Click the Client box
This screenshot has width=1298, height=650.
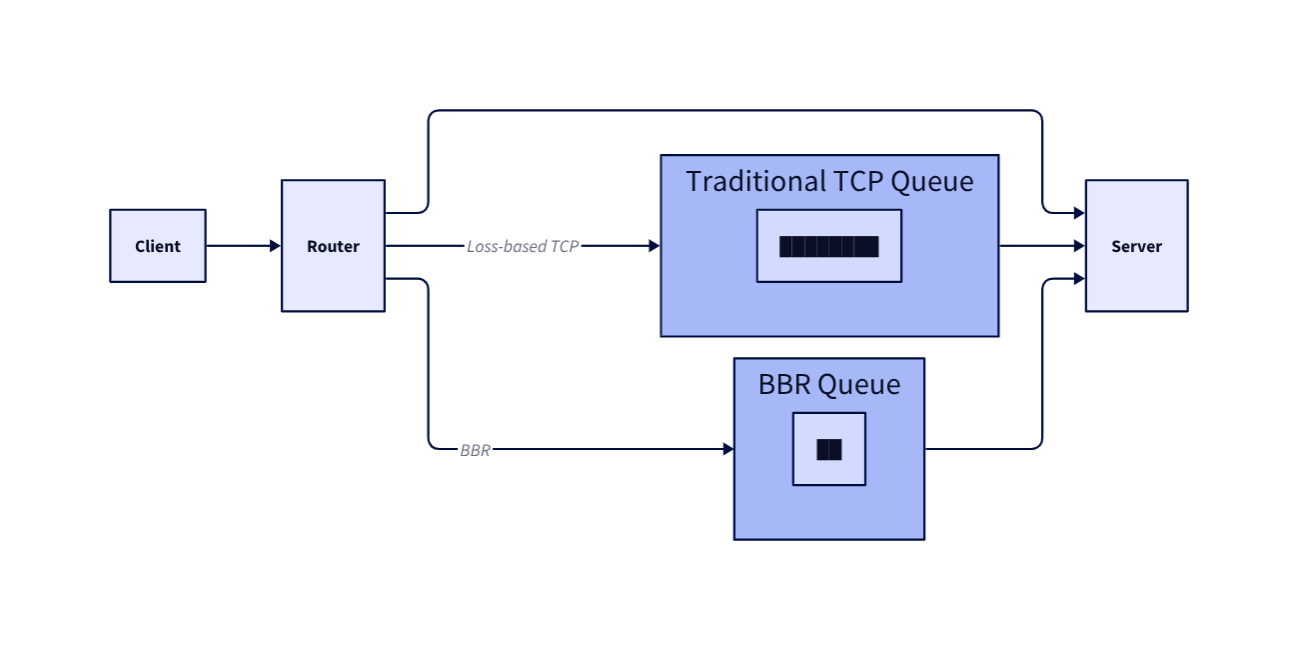158,246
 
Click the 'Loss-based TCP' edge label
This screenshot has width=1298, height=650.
522,246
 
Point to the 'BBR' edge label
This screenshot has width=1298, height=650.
476,450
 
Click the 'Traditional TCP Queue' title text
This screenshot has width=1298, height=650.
829,182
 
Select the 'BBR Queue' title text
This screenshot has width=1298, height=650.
829,385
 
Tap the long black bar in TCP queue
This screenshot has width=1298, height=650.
828,246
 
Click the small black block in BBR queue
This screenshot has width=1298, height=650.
828,450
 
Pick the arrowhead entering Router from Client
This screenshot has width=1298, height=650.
275,246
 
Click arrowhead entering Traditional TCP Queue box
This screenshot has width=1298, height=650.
654,246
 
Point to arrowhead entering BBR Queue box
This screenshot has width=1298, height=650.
727,450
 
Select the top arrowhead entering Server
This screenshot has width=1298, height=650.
1079,213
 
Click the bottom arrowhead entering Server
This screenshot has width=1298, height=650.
1079,279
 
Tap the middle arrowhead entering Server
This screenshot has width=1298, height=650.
1079,246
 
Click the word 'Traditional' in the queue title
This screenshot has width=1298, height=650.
755,182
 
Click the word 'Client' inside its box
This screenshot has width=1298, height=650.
158,246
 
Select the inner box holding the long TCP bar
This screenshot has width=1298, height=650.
828,222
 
